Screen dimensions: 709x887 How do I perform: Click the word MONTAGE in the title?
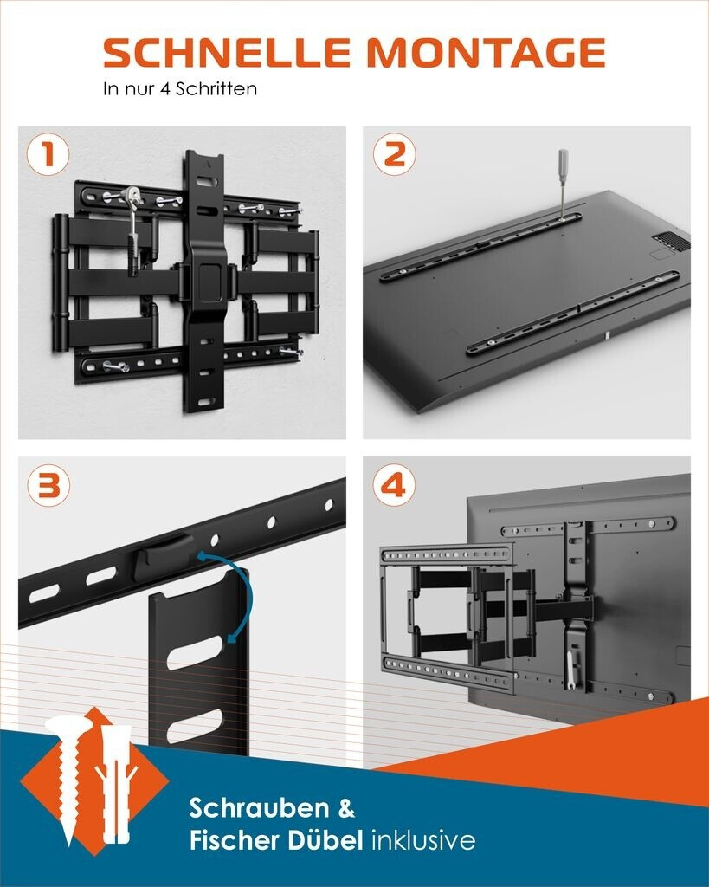[x=487, y=53]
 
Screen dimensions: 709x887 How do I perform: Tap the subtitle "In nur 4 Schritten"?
[x=180, y=89]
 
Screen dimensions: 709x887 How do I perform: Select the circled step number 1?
[x=48, y=154]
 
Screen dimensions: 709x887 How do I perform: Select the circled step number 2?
[x=394, y=154]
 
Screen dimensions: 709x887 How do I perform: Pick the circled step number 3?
[x=48, y=485]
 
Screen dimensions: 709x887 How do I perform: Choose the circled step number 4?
[x=394, y=485]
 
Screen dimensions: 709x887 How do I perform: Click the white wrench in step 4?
[x=571, y=670]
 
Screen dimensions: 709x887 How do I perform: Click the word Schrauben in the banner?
[x=260, y=808]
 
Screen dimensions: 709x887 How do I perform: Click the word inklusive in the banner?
[x=423, y=840]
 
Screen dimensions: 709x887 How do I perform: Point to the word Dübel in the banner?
[x=325, y=840]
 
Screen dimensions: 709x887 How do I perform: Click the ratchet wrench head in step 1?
[x=133, y=195]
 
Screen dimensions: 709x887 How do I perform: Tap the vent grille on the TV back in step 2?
[x=672, y=243]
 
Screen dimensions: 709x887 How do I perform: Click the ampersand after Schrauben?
[x=346, y=808]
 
